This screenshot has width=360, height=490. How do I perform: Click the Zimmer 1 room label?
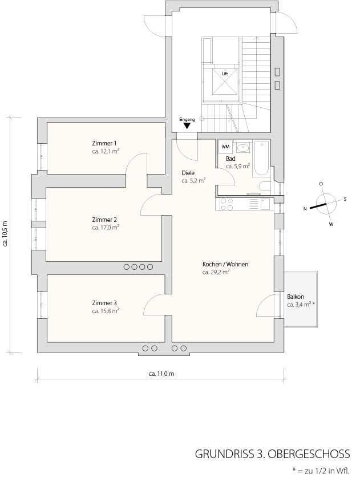pyautogui.click(x=104, y=143)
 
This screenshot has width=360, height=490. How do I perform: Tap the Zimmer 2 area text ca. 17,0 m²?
pyautogui.click(x=106, y=228)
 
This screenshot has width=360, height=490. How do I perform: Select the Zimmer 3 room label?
pyautogui.click(x=104, y=303)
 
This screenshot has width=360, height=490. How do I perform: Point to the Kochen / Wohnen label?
pyautogui.click(x=225, y=264)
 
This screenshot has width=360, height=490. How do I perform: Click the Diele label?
pyautogui.click(x=188, y=173)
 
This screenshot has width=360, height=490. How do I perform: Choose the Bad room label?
pyautogui.click(x=230, y=159)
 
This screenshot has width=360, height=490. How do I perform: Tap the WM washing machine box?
pyautogui.click(x=225, y=147)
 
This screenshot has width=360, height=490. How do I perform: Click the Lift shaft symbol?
pyautogui.click(x=225, y=81)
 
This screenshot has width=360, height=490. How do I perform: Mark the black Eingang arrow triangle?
pyautogui.click(x=187, y=126)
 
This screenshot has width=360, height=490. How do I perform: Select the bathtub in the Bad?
pyautogui.click(x=261, y=158)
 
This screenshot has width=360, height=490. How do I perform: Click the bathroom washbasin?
pyautogui.click(x=243, y=147)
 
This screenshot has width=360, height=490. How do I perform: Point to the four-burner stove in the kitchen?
pyautogui.click(x=227, y=204)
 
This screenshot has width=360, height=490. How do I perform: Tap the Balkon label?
pyautogui.click(x=296, y=297)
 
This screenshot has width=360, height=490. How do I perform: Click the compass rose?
pyautogui.click(x=325, y=204)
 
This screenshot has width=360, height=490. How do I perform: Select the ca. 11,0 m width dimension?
pyautogui.click(x=161, y=374)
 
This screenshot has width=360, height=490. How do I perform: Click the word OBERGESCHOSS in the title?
pyautogui.click(x=309, y=453)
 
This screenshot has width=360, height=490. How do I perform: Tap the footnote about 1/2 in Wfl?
pyautogui.click(x=321, y=471)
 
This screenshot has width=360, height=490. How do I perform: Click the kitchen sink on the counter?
pyautogui.click(x=265, y=204)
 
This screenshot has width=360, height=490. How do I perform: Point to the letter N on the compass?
pyautogui.click(x=305, y=209)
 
